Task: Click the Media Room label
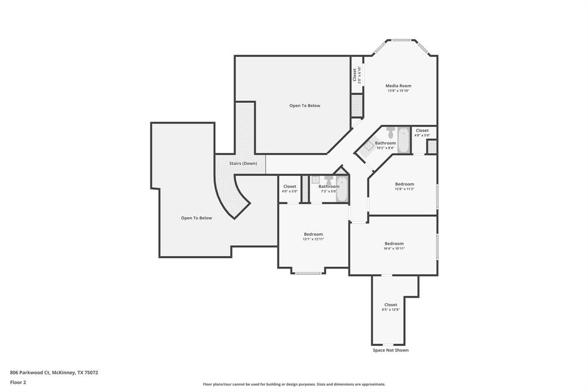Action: click(398, 86)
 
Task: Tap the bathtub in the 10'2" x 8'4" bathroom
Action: click(403, 140)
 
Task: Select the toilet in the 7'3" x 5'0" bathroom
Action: click(328, 180)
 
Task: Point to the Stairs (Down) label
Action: click(243, 163)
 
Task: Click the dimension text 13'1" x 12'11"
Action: click(313, 239)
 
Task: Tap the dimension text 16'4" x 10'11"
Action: click(394, 248)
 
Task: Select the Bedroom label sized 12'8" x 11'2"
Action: click(404, 184)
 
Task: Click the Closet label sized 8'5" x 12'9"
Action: click(390, 305)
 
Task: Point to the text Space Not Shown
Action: click(390, 350)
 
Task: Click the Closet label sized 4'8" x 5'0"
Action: click(422, 130)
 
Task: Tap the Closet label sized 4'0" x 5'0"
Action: click(289, 186)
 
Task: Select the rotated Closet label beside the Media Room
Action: click(355, 75)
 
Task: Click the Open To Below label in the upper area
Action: click(304, 106)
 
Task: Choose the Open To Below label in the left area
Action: click(196, 218)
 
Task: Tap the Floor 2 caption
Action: click(18, 382)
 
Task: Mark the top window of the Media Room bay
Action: click(401, 40)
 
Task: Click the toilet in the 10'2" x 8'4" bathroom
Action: click(390, 133)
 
